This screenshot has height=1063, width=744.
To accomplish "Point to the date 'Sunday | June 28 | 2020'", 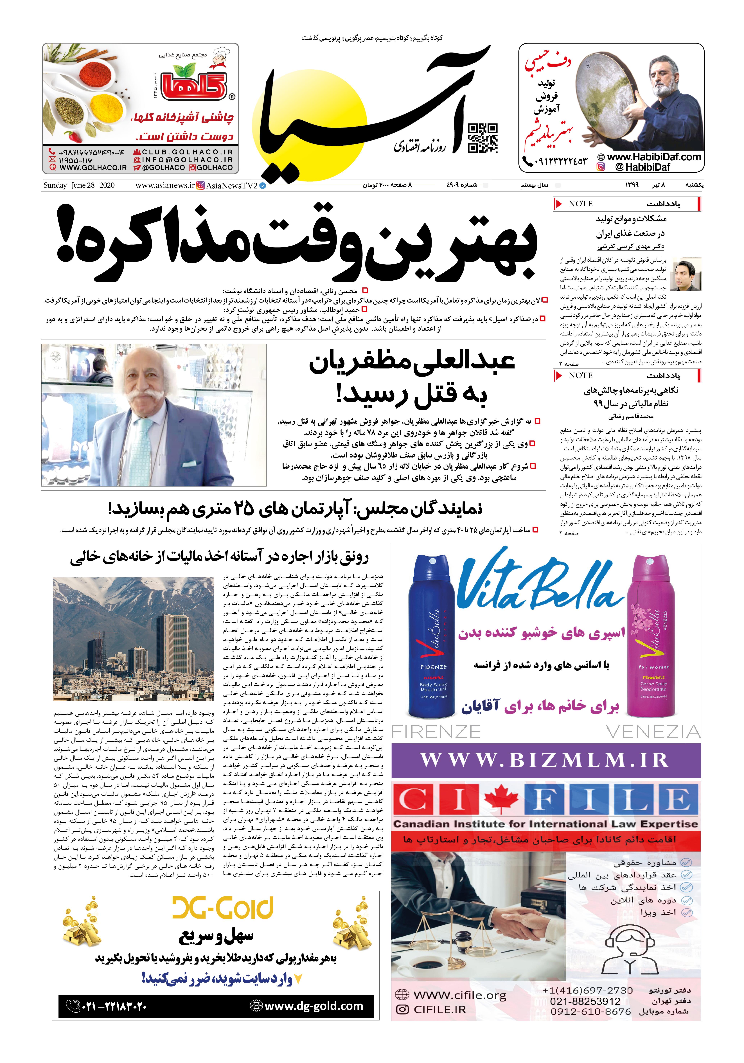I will click(79, 185).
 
